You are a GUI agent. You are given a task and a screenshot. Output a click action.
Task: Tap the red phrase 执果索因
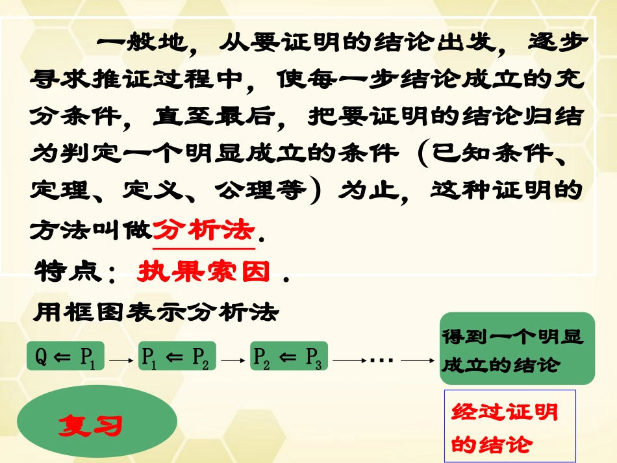(203, 272)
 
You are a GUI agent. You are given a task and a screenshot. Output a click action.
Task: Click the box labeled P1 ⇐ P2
(175, 357)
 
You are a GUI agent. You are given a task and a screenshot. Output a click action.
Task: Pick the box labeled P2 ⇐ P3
(288, 357)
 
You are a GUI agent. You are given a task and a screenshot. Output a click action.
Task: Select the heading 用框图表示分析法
(156, 314)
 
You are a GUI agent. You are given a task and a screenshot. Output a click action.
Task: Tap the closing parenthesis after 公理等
(315, 192)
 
